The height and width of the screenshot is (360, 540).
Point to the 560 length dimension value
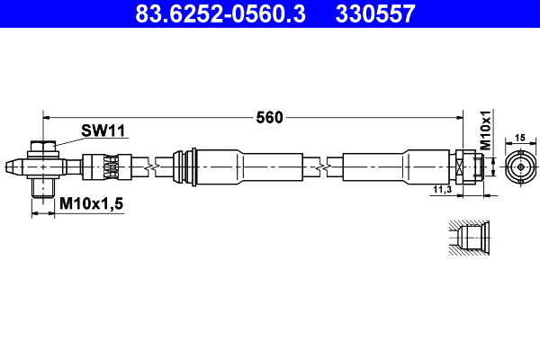(269, 117)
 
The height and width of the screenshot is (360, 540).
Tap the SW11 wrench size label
(103, 130)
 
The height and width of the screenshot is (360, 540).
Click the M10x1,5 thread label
(91, 205)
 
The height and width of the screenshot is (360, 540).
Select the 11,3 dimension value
(441, 190)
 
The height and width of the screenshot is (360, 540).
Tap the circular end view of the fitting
(519, 167)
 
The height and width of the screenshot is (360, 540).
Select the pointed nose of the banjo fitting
(12, 166)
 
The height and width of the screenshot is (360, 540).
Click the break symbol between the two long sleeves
(323, 166)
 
